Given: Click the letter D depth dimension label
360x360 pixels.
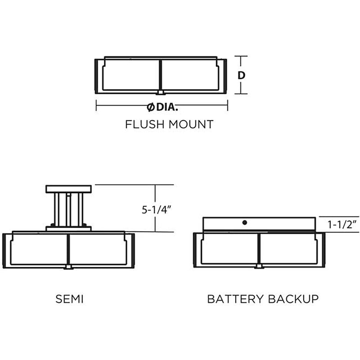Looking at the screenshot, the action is [241, 75].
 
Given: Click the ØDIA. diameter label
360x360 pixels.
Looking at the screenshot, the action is [162, 107].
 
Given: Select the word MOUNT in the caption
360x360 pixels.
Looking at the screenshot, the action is [191, 124].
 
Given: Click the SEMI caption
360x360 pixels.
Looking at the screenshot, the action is [69, 299].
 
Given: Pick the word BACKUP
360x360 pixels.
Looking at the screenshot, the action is [293, 299].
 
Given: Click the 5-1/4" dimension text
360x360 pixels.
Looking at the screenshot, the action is [157, 210].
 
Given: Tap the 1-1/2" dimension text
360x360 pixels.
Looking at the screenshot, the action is [342, 224].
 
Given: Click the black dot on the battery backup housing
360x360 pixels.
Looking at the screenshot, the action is [245, 222].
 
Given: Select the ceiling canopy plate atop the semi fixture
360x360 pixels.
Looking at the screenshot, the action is [69, 189].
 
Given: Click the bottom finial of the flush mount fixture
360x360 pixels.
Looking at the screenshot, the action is [161, 93].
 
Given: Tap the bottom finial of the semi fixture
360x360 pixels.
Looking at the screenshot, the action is [68, 267].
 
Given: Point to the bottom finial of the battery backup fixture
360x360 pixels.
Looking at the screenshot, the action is [259, 266].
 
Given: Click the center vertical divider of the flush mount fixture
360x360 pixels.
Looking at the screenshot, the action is [160, 75].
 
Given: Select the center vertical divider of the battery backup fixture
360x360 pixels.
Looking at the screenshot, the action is [259, 249].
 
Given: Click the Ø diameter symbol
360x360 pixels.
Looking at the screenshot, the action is [151, 107].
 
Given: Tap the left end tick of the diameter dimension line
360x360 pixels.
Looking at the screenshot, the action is [96, 105].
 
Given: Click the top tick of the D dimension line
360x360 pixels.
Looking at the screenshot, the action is [241, 56].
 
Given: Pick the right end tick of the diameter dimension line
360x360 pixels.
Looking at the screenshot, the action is [228, 105].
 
